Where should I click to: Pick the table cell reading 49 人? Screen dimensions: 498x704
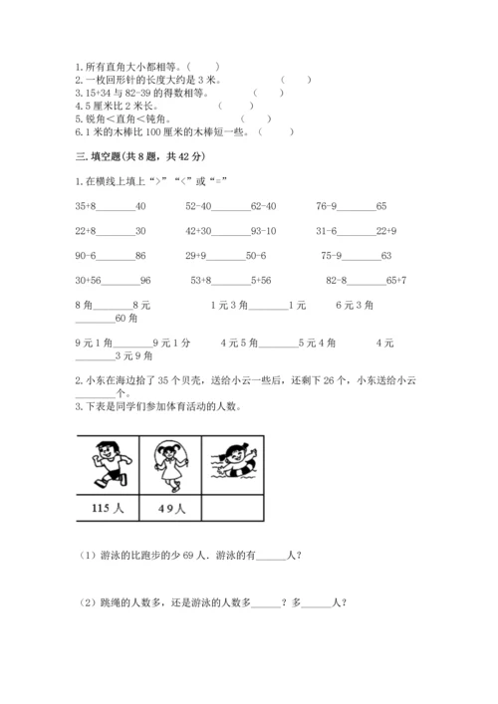click(x=171, y=510)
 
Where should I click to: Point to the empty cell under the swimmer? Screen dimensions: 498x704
click(x=236, y=510)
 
